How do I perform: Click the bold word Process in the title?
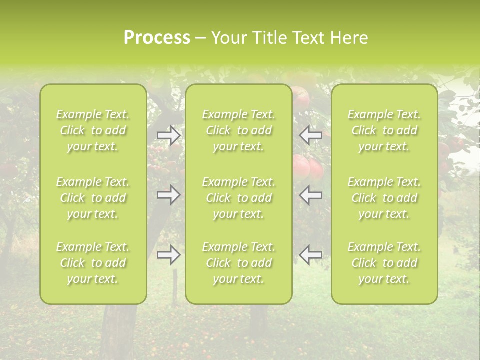pyautogui.click(x=157, y=38)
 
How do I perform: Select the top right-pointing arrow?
pyautogui.click(x=168, y=135)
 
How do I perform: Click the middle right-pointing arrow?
pyautogui.click(x=168, y=195)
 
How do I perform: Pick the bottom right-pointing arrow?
pyautogui.click(x=168, y=255)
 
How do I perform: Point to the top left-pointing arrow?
pyautogui.click(x=311, y=135)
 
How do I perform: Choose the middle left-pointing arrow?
pyautogui.click(x=311, y=195)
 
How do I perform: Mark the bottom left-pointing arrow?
pyautogui.click(x=311, y=255)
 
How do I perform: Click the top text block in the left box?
pyautogui.click(x=93, y=130)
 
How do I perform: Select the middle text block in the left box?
pyautogui.click(x=93, y=198)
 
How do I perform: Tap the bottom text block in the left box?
pyautogui.click(x=93, y=263)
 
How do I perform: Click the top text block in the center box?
pyautogui.click(x=239, y=130)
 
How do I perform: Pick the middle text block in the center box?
pyautogui.click(x=239, y=198)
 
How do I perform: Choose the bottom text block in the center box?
pyautogui.click(x=239, y=263)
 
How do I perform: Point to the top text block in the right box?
pyautogui.click(x=384, y=130)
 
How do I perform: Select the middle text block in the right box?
pyautogui.click(x=384, y=198)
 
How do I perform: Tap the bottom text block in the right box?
pyautogui.click(x=384, y=263)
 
